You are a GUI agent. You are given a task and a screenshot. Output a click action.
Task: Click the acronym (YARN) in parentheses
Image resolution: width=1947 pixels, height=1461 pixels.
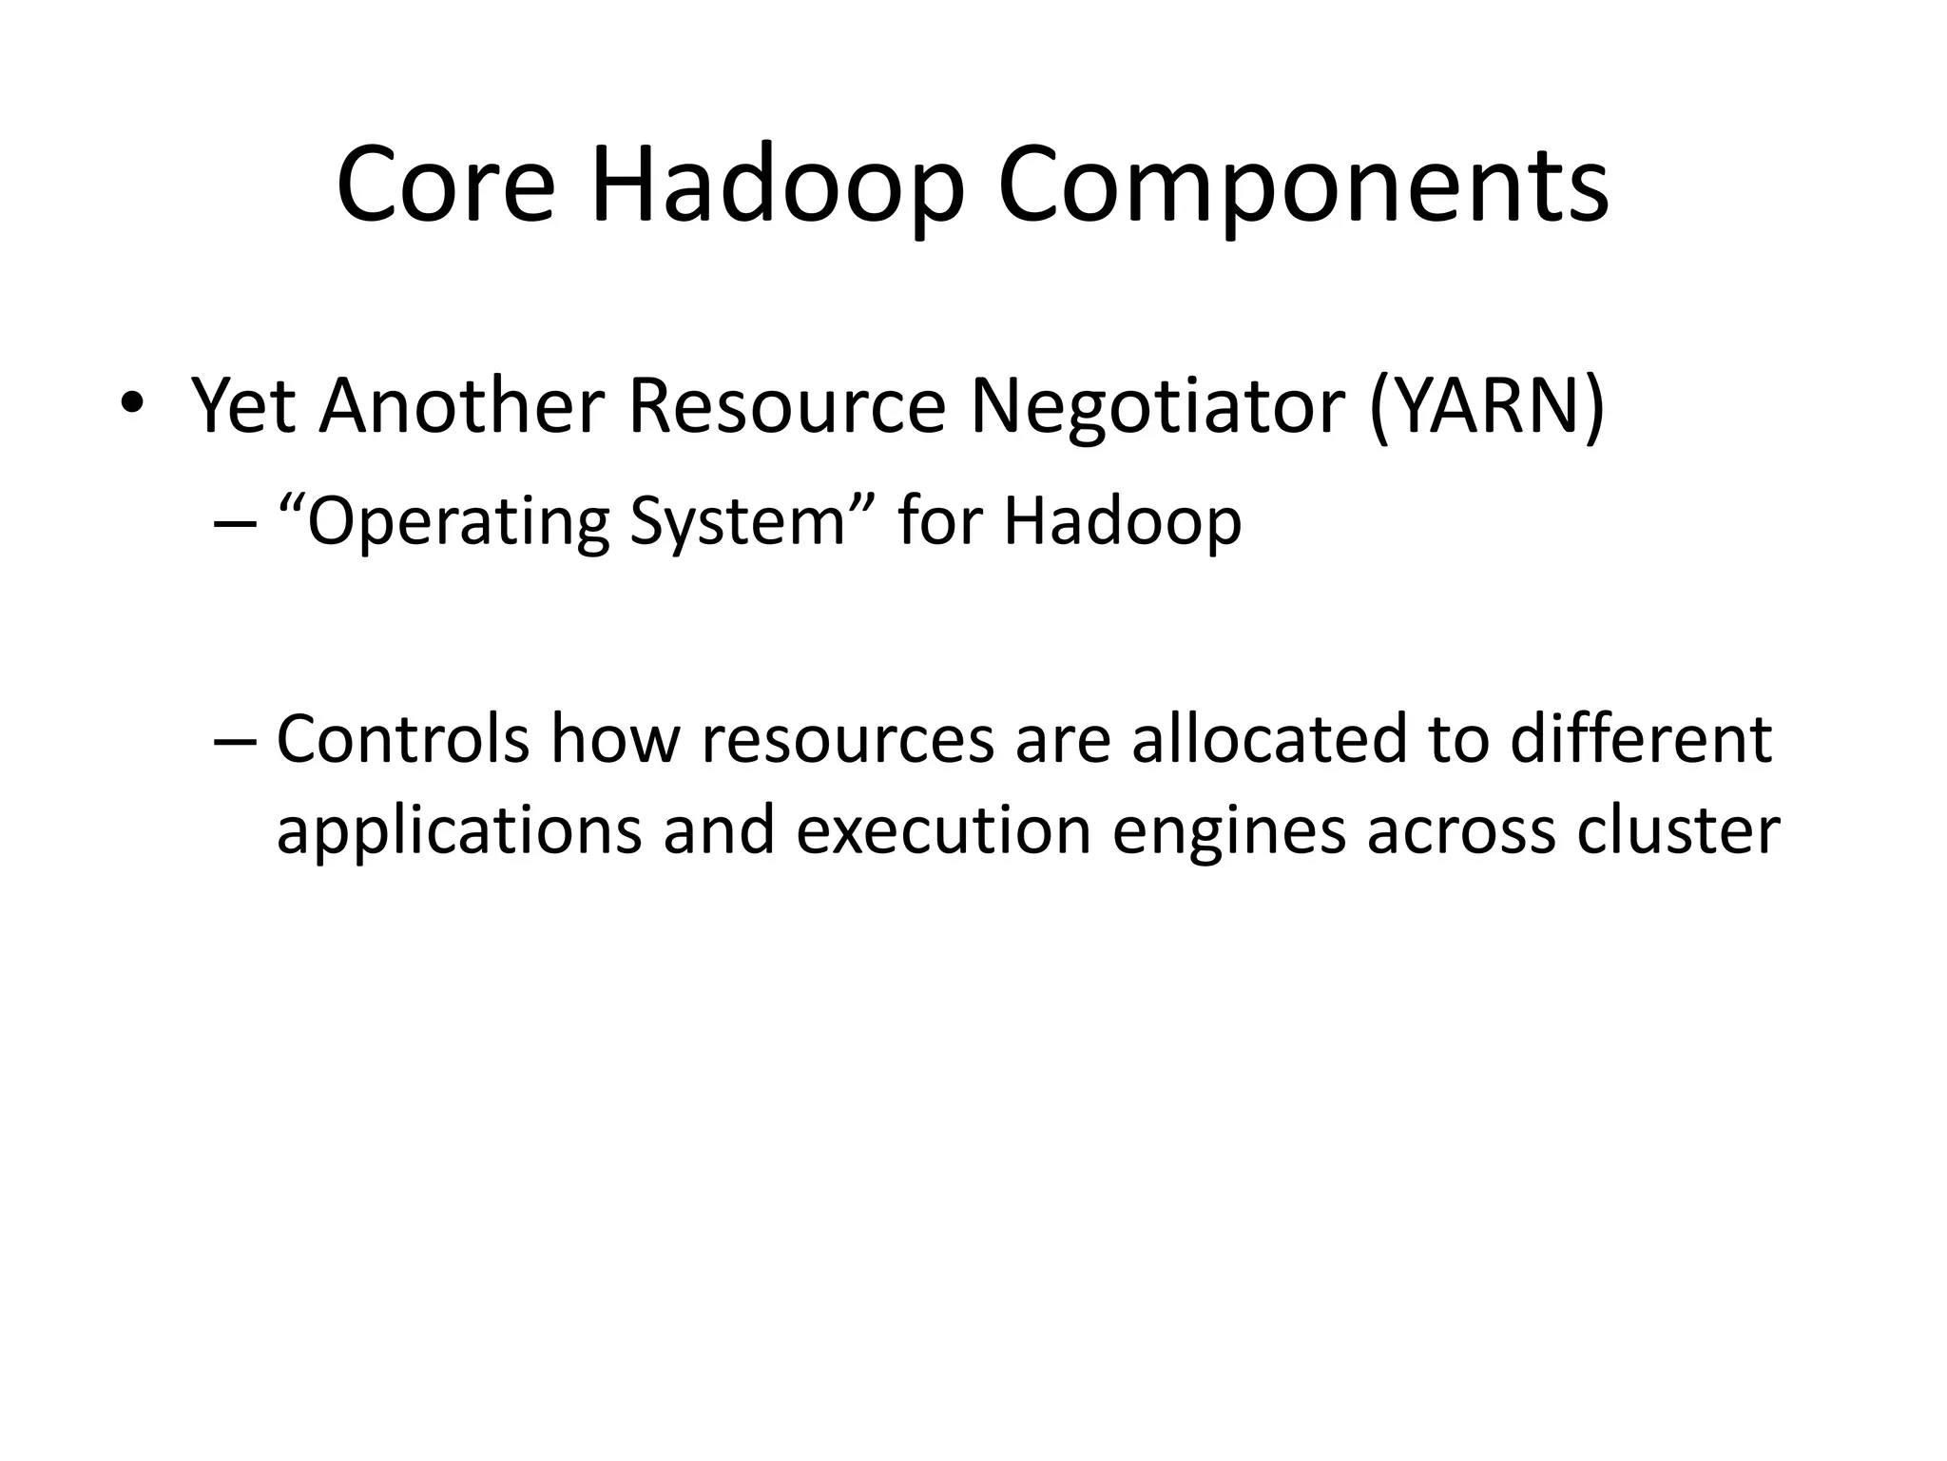point(1487,407)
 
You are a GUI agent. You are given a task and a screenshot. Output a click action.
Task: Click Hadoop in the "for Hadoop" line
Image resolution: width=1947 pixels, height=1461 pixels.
point(1122,522)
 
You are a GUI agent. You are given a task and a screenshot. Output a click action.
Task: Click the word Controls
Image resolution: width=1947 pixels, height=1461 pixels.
point(402,739)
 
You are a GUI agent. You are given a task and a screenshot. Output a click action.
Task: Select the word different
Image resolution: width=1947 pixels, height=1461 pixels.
point(1641,739)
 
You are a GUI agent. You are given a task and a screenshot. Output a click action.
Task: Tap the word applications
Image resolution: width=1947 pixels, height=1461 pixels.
point(459,830)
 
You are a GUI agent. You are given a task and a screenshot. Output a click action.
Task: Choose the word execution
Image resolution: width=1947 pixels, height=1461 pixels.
point(943,830)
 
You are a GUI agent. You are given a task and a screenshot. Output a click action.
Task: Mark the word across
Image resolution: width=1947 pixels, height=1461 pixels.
point(1460,830)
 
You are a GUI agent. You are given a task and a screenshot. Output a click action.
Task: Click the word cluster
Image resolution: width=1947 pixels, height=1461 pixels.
point(1678,830)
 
